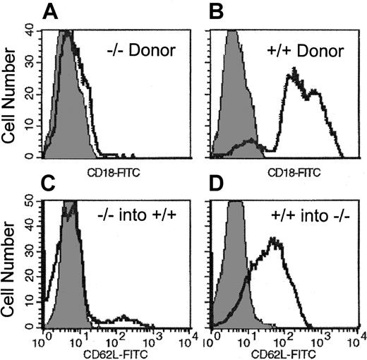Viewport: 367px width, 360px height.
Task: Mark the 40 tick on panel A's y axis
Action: [x=30, y=30]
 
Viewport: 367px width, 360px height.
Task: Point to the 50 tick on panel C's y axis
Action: [x=31, y=202]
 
